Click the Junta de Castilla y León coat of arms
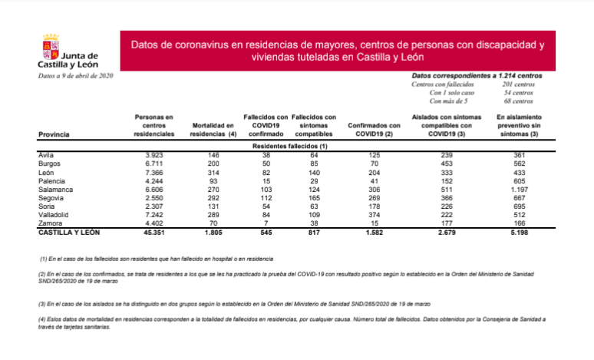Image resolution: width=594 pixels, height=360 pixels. pyautogui.click(x=51, y=48)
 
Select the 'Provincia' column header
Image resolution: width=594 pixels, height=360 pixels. pyautogui.click(x=54, y=134)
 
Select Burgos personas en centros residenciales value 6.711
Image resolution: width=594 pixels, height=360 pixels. pyautogui.click(x=154, y=163)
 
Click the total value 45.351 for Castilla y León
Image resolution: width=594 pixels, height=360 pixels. pyautogui.click(x=154, y=231)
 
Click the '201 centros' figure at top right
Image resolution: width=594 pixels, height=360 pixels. pyautogui.click(x=517, y=84)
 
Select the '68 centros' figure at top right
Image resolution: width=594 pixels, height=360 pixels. pyautogui.click(x=517, y=101)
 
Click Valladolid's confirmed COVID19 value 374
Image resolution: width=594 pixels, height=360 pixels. pyautogui.click(x=374, y=214)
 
